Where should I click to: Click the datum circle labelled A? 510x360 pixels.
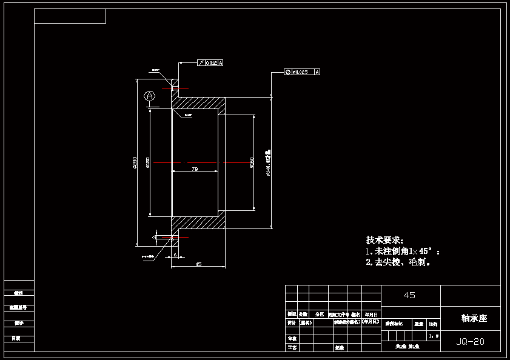point(149,96)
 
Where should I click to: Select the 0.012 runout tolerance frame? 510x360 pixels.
point(210,63)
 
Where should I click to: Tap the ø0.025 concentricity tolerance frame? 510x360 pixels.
point(302,72)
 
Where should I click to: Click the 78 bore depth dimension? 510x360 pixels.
point(195,170)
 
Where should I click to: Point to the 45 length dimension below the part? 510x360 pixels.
point(198,264)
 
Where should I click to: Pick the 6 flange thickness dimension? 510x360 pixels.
point(175,255)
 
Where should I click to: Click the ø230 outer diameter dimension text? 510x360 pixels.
point(135,162)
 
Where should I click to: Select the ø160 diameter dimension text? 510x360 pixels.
point(251,162)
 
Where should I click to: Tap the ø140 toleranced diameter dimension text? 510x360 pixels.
point(269,162)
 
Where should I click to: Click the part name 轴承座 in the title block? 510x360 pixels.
point(474,318)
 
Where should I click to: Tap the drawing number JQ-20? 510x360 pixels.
point(470,342)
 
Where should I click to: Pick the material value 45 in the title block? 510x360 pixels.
point(409,295)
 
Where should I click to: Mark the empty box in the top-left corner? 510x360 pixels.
point(70,16)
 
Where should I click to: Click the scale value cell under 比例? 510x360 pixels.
point(433,335)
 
